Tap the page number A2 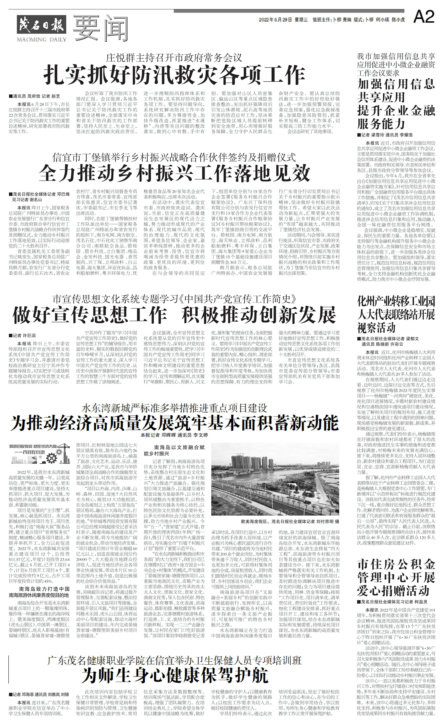coord(423,18)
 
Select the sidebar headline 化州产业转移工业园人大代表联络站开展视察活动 coord(396,314)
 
